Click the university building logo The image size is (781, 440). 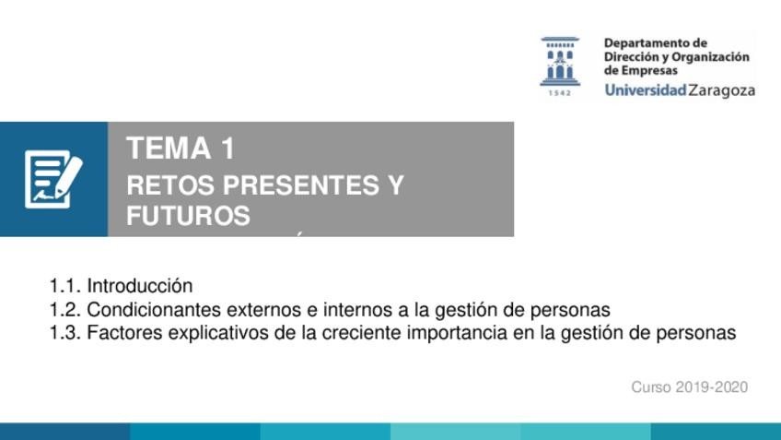[x=560, y=60]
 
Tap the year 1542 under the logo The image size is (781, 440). [x=560, y=93]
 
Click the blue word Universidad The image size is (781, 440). [x=646, y=90]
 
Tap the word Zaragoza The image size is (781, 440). [x=722, y=90]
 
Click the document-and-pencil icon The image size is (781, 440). [x=53, y=179]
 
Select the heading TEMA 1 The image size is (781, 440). [x=181, y=149]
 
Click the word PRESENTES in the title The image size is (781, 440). [x=300, y=185]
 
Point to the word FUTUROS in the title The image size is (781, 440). [x=188, y=216]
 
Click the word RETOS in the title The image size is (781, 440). [x=170, y=185]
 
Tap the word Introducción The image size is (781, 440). [x=140, y=286]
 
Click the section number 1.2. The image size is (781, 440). [x=64, y=310]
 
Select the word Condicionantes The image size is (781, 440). [x=154, y=310]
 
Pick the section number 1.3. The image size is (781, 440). [x=64, y=333]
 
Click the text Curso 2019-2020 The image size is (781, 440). [x=689, y=387]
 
